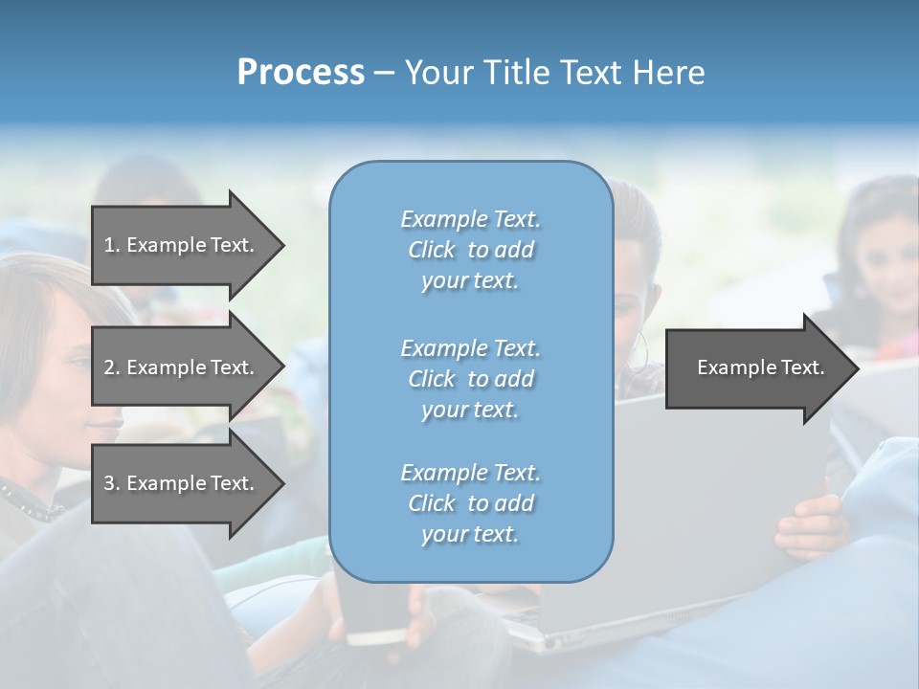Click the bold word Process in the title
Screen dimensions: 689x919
301,73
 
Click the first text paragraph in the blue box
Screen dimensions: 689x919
470,250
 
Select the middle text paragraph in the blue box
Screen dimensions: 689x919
470,379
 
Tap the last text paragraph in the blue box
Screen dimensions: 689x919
470,503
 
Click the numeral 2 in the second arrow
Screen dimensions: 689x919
109,367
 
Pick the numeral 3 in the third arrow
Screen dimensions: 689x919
109,483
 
